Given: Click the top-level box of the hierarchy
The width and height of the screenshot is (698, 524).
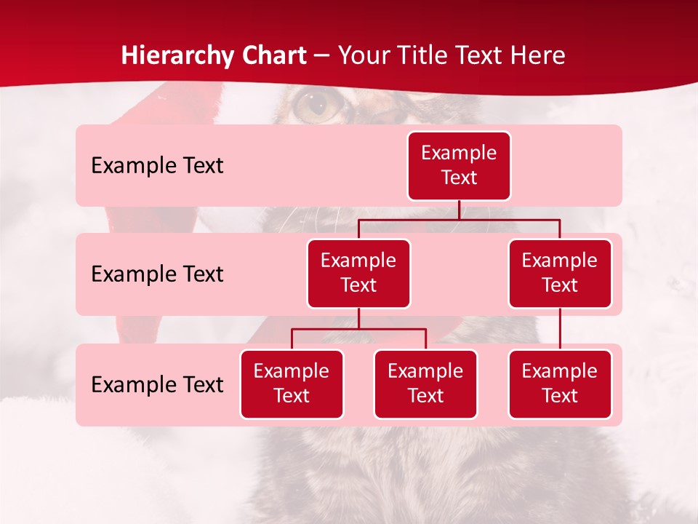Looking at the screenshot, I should coord(459,166).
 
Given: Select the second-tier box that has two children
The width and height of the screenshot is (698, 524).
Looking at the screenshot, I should coord(358,274).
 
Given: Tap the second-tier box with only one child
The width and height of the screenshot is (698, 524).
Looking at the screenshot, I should coord(560,274).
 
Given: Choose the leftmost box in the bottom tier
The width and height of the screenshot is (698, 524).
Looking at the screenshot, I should coord(292,384).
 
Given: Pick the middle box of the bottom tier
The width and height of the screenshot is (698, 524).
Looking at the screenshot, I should coord(425,384).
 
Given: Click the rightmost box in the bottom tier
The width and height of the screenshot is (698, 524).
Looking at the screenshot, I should coord(560,384).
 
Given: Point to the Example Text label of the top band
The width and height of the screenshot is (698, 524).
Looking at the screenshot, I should coord(157,166).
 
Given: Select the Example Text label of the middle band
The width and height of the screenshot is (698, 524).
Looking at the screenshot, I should coord(157,274).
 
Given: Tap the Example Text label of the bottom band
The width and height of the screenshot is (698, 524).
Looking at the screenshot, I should coord(157,385).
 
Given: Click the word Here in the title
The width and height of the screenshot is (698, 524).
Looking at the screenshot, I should coord(538,55).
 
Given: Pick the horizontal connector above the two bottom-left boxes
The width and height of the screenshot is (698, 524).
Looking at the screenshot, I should coord(358,329).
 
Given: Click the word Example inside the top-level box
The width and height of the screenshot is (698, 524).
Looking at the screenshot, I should coord(459,154).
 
